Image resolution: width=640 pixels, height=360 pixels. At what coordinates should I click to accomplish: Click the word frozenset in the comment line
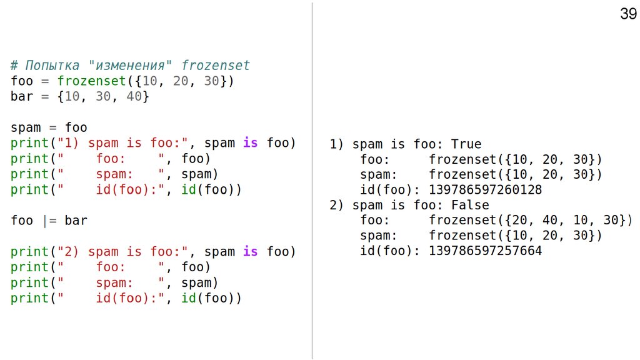pyautogui.click(x=216, y=66)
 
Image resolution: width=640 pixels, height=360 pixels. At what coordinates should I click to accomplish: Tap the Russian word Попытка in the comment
pyautogui.click(x=52, y=66)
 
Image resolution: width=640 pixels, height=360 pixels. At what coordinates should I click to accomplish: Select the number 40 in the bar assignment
pyautogui.click(x=134, y=97)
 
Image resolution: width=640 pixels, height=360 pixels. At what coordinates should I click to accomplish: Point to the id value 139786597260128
pyautogui.click(x=486, y=190)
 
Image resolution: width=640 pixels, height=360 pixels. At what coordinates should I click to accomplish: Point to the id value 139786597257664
pyautogui.click(x=486, y=251)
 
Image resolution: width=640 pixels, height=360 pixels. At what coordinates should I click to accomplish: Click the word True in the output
pyautogui.click(x=466, y=144)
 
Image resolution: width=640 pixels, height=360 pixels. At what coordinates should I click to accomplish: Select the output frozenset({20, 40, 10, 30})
pyautogui.click(x=531, y=221)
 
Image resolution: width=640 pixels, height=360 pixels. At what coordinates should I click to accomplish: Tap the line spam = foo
pyautogui.click(x=49, y=128)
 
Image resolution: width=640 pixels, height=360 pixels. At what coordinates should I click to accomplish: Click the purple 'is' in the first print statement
pyautogui.click(x=250, y=143)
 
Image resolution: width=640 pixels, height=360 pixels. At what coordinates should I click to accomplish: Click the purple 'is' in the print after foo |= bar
pyautogui.click(x=250, y=252)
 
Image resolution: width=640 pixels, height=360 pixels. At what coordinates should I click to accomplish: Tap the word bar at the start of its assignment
pyautogui.click(x=22, y=97)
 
